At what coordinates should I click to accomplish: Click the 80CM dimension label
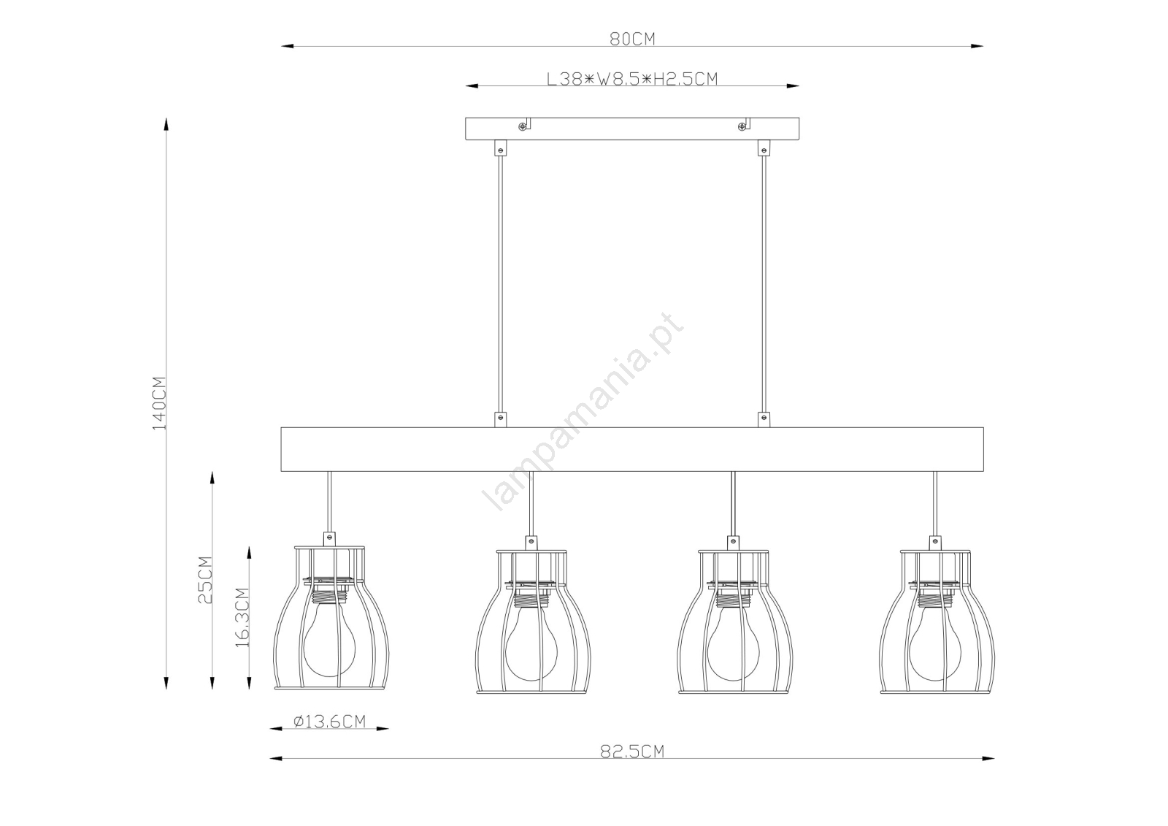point(632,39)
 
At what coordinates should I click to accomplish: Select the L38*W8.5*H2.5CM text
point(632,79)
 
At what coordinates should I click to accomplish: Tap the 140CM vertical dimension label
point(159,403)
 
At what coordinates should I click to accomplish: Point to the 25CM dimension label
point(205,580)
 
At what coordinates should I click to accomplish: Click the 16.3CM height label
point(242,617)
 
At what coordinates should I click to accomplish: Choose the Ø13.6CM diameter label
point(329,721)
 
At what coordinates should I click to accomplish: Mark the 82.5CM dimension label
point(632,751)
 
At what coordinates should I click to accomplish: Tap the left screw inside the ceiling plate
point(522,126)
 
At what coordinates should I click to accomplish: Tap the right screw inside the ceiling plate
point(742,126)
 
